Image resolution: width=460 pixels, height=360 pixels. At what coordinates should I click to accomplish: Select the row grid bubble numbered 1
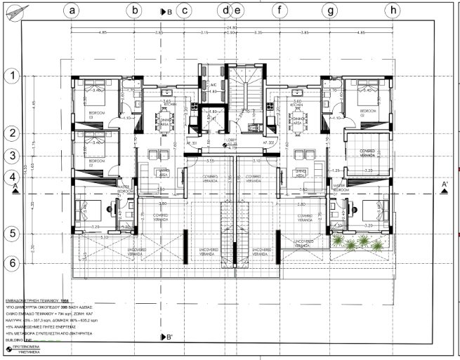pos(11,76)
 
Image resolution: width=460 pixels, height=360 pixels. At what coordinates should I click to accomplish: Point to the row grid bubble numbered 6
pos(11,262)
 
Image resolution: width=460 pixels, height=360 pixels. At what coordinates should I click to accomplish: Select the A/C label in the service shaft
pos(213,85)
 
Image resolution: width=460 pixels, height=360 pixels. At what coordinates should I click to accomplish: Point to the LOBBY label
pos(232,140)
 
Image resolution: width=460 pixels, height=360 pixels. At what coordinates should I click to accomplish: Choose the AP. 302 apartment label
pos(268,142)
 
